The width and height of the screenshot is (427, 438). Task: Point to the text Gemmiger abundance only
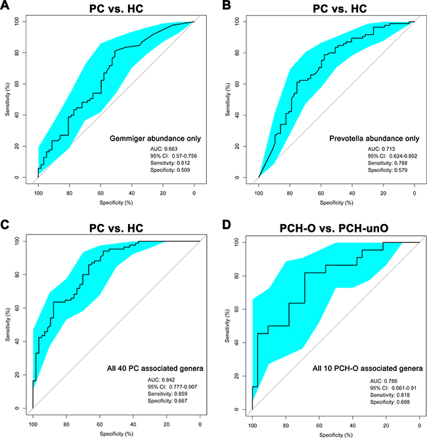coord(156,140)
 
